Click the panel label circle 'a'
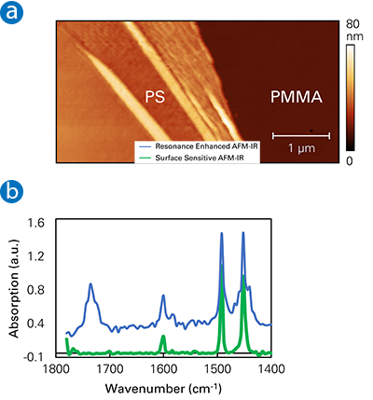[12, 12]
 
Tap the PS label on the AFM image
[156, 96]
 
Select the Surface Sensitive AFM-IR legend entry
[195, 159]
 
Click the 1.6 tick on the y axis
[35, 223]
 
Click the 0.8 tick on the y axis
[35, 289]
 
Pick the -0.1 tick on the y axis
[34, 356]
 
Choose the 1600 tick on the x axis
[164, 369]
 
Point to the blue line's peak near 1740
[90, 283]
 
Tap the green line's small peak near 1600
[163, 336]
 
